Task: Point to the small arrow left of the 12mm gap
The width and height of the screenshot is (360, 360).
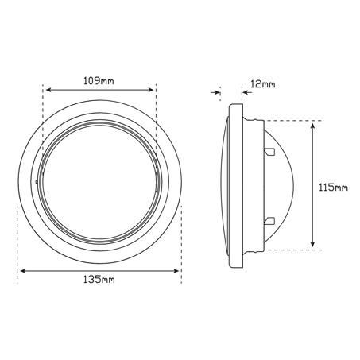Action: (215, 93)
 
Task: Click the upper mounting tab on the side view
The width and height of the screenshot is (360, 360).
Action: (269, 150)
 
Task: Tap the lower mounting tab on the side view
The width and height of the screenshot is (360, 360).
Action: (269, 220)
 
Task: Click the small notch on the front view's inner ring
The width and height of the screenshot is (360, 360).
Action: (38, 182)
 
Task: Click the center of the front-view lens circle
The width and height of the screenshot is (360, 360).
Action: (99, 180)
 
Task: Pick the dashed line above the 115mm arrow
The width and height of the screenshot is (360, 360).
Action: (302, 121)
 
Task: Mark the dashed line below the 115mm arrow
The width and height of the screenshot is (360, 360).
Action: (302, 250)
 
